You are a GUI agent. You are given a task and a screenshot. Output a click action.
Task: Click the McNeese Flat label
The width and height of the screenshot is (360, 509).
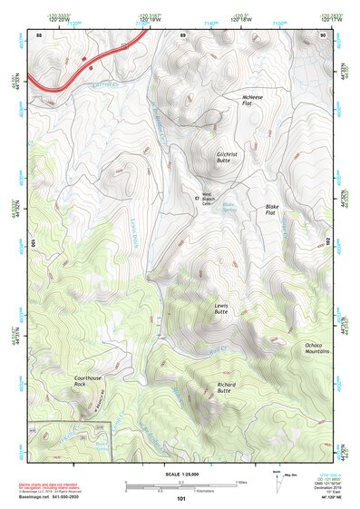[x=252, y=100]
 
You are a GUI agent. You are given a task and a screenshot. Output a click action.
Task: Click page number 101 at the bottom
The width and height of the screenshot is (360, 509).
[x=181, y=498]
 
